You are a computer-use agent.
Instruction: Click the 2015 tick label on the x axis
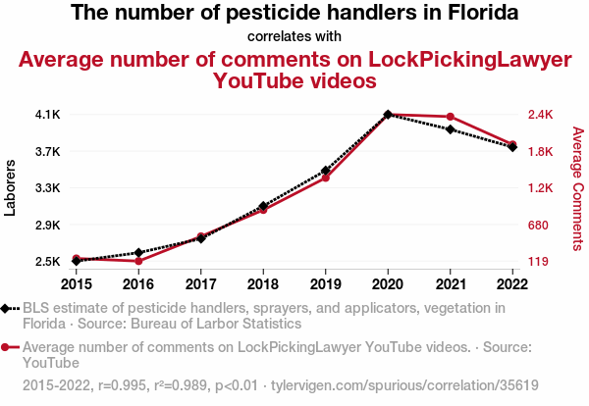pyautogui.click(x=76, y=284)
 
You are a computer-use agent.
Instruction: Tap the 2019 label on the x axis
pyautogui.click(x=326, y=284)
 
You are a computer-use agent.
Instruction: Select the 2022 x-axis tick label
pyautogui.click(x=512, y=284)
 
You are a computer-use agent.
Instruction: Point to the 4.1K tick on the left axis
pyautogui.click(x=47, y=115)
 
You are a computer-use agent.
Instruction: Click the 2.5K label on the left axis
pyautogui.click(x=47, y=262)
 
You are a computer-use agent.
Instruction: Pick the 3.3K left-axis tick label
pyautogui.click(x=47, y=187)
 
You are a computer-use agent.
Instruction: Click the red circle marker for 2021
pyautogui.click(x=450, y=118)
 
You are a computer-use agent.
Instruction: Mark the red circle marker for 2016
pyautogui.click(x=138, y=261)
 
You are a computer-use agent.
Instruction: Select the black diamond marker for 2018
pyautogui.click(x=263, y=206)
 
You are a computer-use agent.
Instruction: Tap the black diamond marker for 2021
pyautogui.click(x=450, y=129)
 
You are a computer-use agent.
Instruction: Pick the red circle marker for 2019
pyautogui.click(x=326, y=178)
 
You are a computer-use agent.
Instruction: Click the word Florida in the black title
pyautogui.click(x=482, y=14)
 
